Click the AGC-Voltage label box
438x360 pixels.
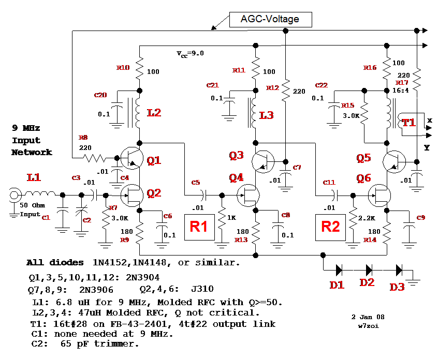click(270, 20)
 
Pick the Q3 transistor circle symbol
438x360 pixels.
click(264, 162)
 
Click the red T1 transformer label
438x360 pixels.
click(409, 123)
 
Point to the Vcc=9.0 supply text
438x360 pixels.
click(191, 53)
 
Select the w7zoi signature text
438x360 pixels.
click(368, 326)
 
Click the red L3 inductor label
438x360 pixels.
click(267, 115)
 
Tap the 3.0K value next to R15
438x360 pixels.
click(350, 116)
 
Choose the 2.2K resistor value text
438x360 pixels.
click(367, 218)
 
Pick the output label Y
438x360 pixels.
click(427, 147)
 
